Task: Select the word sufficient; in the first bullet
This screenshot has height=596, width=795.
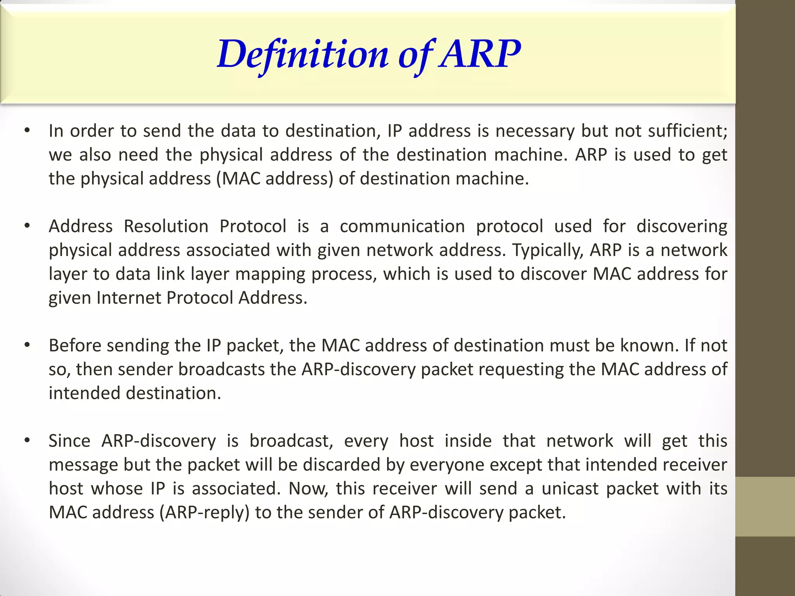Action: tap(687, 131)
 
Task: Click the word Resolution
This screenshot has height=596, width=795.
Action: tap(166, 226)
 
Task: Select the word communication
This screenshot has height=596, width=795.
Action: tap(402, 226)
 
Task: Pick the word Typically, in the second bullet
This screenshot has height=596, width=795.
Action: tap(548, 250)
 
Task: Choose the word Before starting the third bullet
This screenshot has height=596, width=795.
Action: tap(75, 345)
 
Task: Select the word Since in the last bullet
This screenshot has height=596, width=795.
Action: tap(69, 441)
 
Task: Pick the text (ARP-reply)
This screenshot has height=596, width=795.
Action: tap(205, 513)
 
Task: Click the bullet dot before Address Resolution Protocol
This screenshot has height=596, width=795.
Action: tap(27, 226)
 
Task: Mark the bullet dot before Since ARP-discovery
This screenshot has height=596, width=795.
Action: tap(27, 440)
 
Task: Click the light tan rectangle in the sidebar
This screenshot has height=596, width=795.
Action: tap(765, 506)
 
